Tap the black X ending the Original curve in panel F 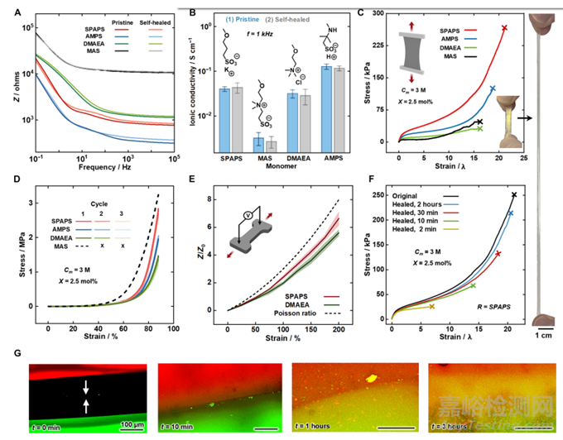(514, 195)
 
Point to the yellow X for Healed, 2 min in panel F (432, 306)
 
